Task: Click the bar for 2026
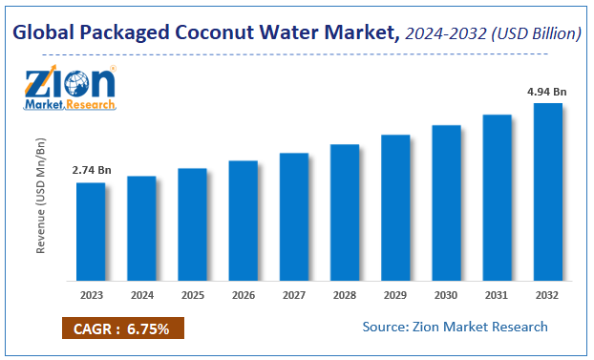click(244, 221)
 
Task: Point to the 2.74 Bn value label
click(92, 170)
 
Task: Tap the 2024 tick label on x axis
click(141, 295)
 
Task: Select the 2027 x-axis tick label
click(294, 295)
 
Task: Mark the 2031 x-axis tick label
click(497, 295)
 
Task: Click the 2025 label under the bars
click(192, 295)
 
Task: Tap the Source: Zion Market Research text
click(455, 327)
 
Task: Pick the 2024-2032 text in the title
click(446, 33)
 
